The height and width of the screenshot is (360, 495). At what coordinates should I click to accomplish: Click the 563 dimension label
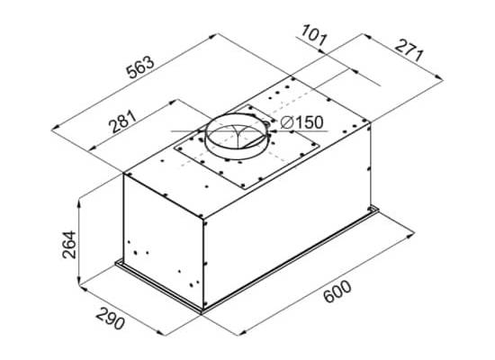coord(140,67)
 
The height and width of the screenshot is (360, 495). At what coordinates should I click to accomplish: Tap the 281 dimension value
coord(122,121)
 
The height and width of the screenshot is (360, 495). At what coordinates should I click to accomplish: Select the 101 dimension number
coord(313,35)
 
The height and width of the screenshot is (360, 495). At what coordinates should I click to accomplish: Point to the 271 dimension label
coord(409,50)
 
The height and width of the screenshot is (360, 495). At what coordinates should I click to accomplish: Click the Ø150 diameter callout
coord(301,122)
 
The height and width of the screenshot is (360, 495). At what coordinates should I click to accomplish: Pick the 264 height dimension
coord(69,245)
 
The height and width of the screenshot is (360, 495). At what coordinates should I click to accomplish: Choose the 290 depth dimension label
coord(110,319)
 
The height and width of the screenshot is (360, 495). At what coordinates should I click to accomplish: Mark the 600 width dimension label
coord(337,292)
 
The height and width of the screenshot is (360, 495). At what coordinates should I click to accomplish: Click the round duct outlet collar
coord(237,137)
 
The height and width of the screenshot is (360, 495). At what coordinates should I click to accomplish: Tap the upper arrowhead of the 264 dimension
coord(79,202)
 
